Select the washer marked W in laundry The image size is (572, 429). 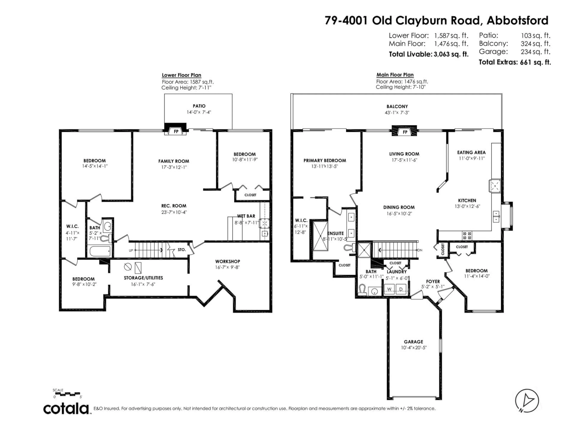coord(389,289)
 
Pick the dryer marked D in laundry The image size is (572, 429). coord(401,289)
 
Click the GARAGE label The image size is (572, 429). coord(414,342)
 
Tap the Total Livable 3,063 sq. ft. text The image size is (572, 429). coord(429,54)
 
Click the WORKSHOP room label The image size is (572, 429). coord(228,261)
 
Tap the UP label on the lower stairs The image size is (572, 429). coord(131,250)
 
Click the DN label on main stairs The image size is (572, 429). coord(420,250)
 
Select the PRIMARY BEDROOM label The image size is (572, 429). coord(325,161)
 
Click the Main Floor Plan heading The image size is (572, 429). coord(395,75)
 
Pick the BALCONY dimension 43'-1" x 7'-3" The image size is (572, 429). coord(397,112)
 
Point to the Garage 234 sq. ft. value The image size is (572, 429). coord(535,52)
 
